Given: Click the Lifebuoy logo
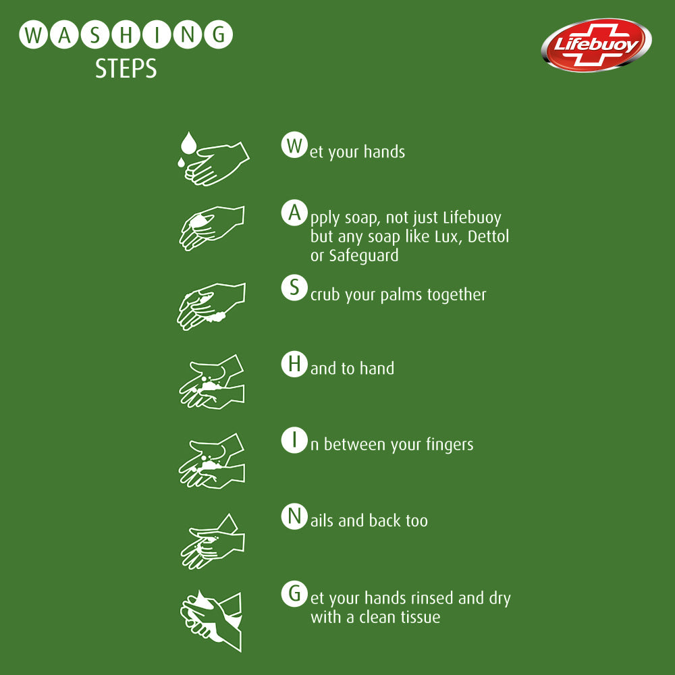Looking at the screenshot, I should tap(596, 45).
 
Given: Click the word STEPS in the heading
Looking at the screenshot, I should tap(126, 69).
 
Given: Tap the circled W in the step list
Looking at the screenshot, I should tap(292, 146).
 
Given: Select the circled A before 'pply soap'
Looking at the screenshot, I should tap(292, 214).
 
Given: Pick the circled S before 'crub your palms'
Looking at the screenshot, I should tap(292, 288).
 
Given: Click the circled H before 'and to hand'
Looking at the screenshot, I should tap(292, 364).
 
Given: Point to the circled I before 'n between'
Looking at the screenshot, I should tap(292, 440).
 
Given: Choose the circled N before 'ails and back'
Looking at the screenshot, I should tap(292, 517).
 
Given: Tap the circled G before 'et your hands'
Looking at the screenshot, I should tap(292, 594).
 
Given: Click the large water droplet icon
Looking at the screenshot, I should tap(188, 143).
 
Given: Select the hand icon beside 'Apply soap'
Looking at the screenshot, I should tap(211, 227).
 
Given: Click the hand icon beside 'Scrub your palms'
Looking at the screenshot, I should tap(211, 306).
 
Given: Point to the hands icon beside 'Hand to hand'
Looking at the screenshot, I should tap(212, 382).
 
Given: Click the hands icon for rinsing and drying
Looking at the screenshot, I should tap(211, 620).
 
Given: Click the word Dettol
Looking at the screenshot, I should tap(487, 237).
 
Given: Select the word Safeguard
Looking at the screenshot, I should tap(363, 256).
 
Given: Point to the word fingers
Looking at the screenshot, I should tap(450, 445).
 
